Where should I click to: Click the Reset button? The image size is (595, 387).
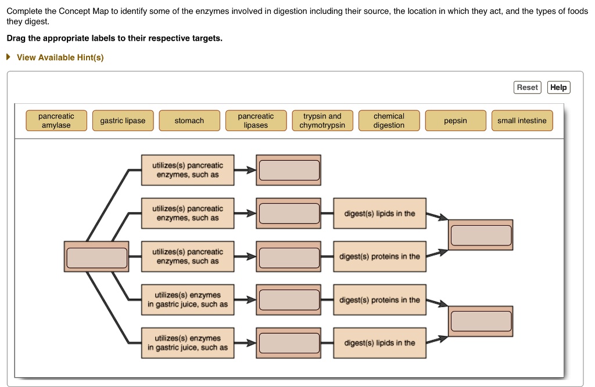(x=527, y=87)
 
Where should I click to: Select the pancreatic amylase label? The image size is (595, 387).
(x=56, y=121)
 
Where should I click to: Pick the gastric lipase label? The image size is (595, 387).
(x=123, y=121)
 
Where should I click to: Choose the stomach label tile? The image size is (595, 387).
(x=189, y=121)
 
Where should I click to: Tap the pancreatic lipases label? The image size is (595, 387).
(x=256, y=121)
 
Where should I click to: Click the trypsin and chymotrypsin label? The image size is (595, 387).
(x=322, y=121)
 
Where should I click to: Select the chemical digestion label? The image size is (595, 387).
(x=389, y=121)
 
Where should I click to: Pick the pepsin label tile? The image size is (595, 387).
(x=456, y=121)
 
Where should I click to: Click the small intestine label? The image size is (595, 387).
(x=522, y=121)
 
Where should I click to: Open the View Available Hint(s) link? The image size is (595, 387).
(x=60, y=57)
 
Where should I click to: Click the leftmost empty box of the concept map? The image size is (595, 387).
(x=96, y=257)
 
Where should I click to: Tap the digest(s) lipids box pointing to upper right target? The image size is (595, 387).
(x=379, y=214)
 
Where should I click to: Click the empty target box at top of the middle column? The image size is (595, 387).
(x=289, y=170)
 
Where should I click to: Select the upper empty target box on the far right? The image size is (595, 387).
(x=481, y=235)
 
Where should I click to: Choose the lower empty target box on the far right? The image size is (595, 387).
(x=481, y=321)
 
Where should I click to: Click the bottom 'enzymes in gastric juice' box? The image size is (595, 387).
(x=188, y=343)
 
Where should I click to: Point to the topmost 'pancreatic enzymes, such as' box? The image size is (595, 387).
(x=188, y=170)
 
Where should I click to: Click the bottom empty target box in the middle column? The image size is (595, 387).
(x=289, y=343)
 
